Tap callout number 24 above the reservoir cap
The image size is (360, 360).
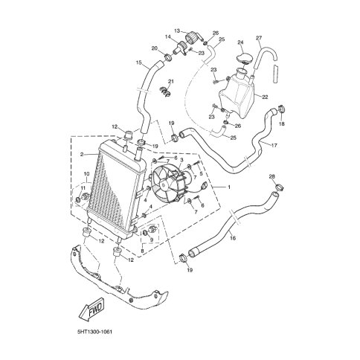[x=240, y=42]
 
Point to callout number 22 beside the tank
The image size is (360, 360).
[x=263, y=97]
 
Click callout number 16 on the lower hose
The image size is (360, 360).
[x=234, y=238]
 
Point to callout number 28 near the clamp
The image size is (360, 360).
[x=271, y=178]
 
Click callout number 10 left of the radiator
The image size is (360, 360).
[x=86, y=175]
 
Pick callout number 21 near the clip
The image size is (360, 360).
[x=170, y=81]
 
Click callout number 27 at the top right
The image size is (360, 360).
[x=259, y=38]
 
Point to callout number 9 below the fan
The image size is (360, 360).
[x=152, y=240]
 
